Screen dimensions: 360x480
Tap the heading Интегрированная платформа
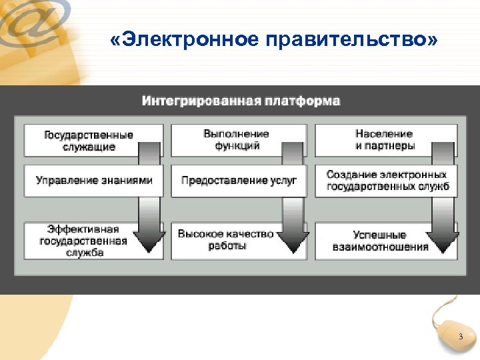point(241,101)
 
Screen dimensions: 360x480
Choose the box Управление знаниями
point(93,181)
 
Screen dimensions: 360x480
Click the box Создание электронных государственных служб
point(387,181)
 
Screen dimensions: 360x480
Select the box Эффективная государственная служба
point(83,241)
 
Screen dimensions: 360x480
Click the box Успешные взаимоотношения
point(380,241)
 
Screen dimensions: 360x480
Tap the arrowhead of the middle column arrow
point(293,243)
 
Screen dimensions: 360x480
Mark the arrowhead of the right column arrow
point(441,243)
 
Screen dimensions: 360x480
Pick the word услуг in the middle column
point(284,181)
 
